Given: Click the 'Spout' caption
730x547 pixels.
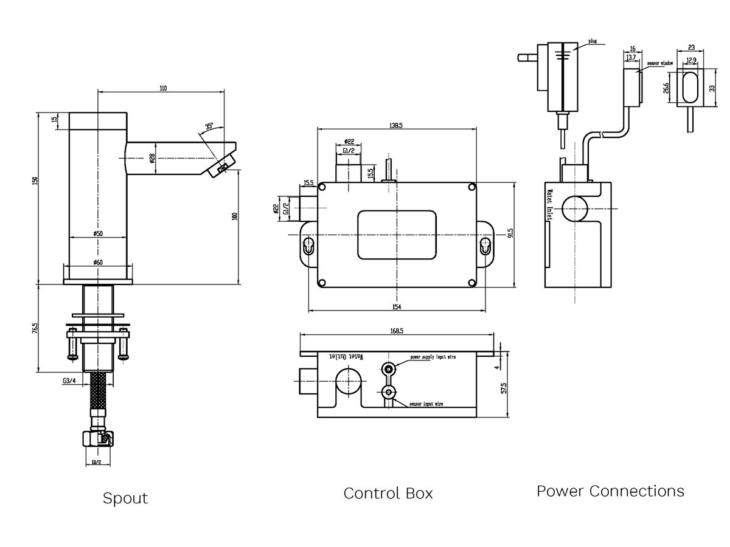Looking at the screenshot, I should tap(125, 498).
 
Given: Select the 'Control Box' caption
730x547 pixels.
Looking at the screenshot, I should tap(388, 493).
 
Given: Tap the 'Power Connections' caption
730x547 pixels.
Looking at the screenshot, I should tap(610, 490).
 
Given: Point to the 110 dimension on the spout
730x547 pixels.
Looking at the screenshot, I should tap(162, 88).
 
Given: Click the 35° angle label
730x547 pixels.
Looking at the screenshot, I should tap(209, 126).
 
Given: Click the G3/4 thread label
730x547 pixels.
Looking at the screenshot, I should tap(69, 381).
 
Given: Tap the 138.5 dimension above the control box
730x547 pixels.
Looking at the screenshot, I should tap(396, 125).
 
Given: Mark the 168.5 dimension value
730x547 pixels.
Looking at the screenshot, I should tap(396, 332).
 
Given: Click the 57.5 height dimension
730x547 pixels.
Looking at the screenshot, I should tap(504, 388).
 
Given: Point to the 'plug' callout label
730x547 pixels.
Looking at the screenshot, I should tap(593, 41).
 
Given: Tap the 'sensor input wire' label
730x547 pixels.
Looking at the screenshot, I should tap(426, 404).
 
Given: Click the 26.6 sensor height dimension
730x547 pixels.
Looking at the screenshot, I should tap(667, 89).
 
